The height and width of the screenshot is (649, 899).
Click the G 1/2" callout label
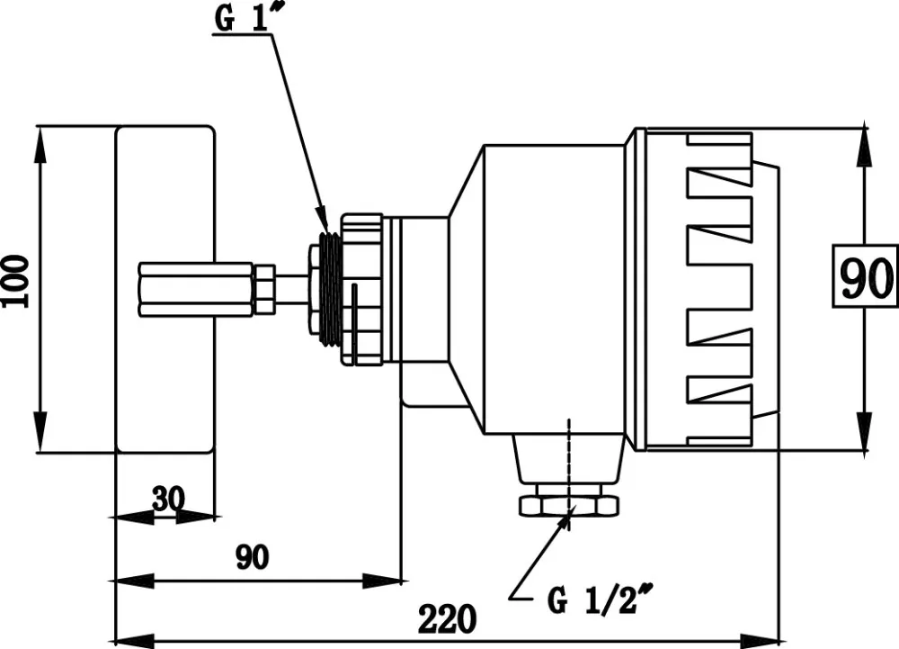600,599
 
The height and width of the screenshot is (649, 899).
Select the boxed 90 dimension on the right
865,277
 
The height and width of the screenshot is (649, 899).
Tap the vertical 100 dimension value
15,283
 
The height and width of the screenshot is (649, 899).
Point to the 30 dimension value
169,499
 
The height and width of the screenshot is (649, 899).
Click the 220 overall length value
447,618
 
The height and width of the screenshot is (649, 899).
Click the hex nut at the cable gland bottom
569,506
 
